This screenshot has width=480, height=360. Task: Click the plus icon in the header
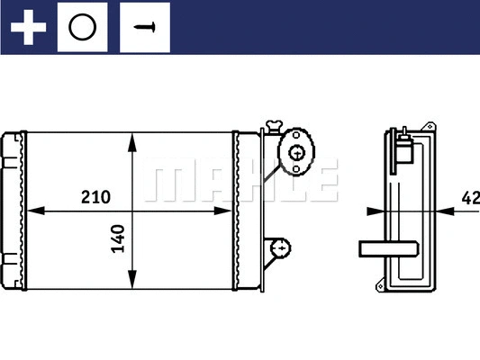click(28, 27)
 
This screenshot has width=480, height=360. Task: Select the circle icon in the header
click(82, 27)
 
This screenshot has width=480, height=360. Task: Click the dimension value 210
click(95, 196)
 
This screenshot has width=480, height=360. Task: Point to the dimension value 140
click(118, 238)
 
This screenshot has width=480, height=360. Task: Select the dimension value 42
click(469, 197)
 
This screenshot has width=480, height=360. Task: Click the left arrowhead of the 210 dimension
click(36, 212)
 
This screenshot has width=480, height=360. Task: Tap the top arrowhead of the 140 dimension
click(134, 140)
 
